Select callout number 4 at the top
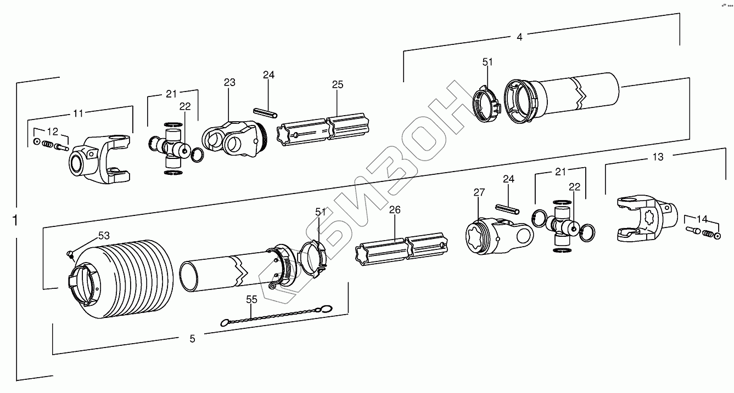click(x=519, y=37)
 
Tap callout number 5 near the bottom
click(x=192, y=339)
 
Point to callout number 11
click(x=79, y=113)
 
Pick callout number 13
click(x=658, y=157)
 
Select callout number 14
click(x=702, y=219)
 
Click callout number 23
click(x=229, y=83)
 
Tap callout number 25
click(x=338, y=84)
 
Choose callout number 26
click(x=395, y=209)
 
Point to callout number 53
click(x=104, y=236)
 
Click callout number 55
click(x=251, y=299)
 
